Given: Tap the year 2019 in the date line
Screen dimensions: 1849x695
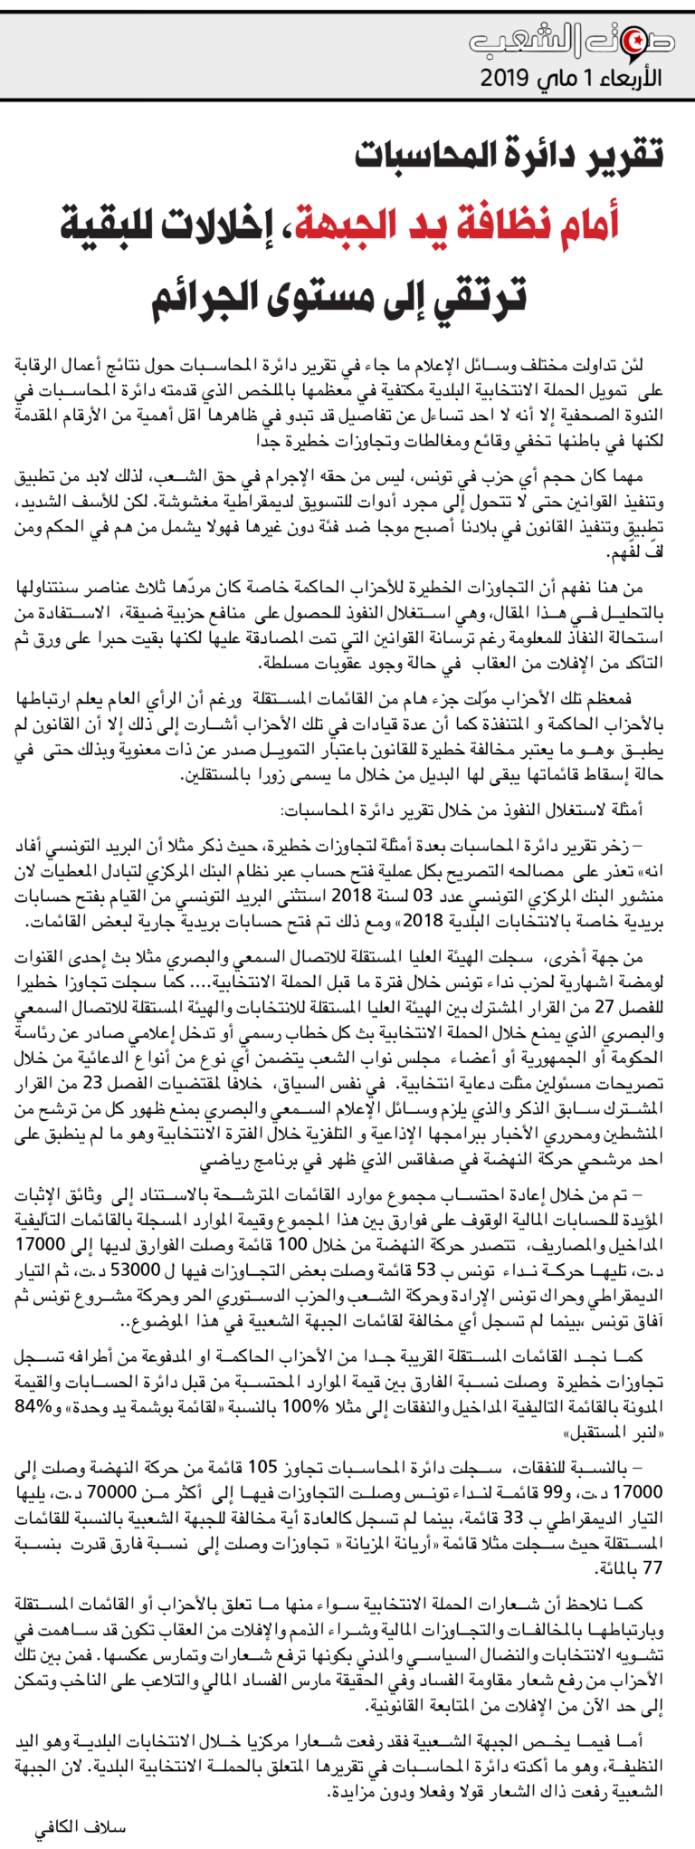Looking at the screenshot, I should [504, 78].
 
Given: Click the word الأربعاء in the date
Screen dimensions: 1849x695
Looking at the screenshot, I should [628, 78].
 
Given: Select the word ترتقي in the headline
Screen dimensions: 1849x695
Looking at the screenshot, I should [481, 297].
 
